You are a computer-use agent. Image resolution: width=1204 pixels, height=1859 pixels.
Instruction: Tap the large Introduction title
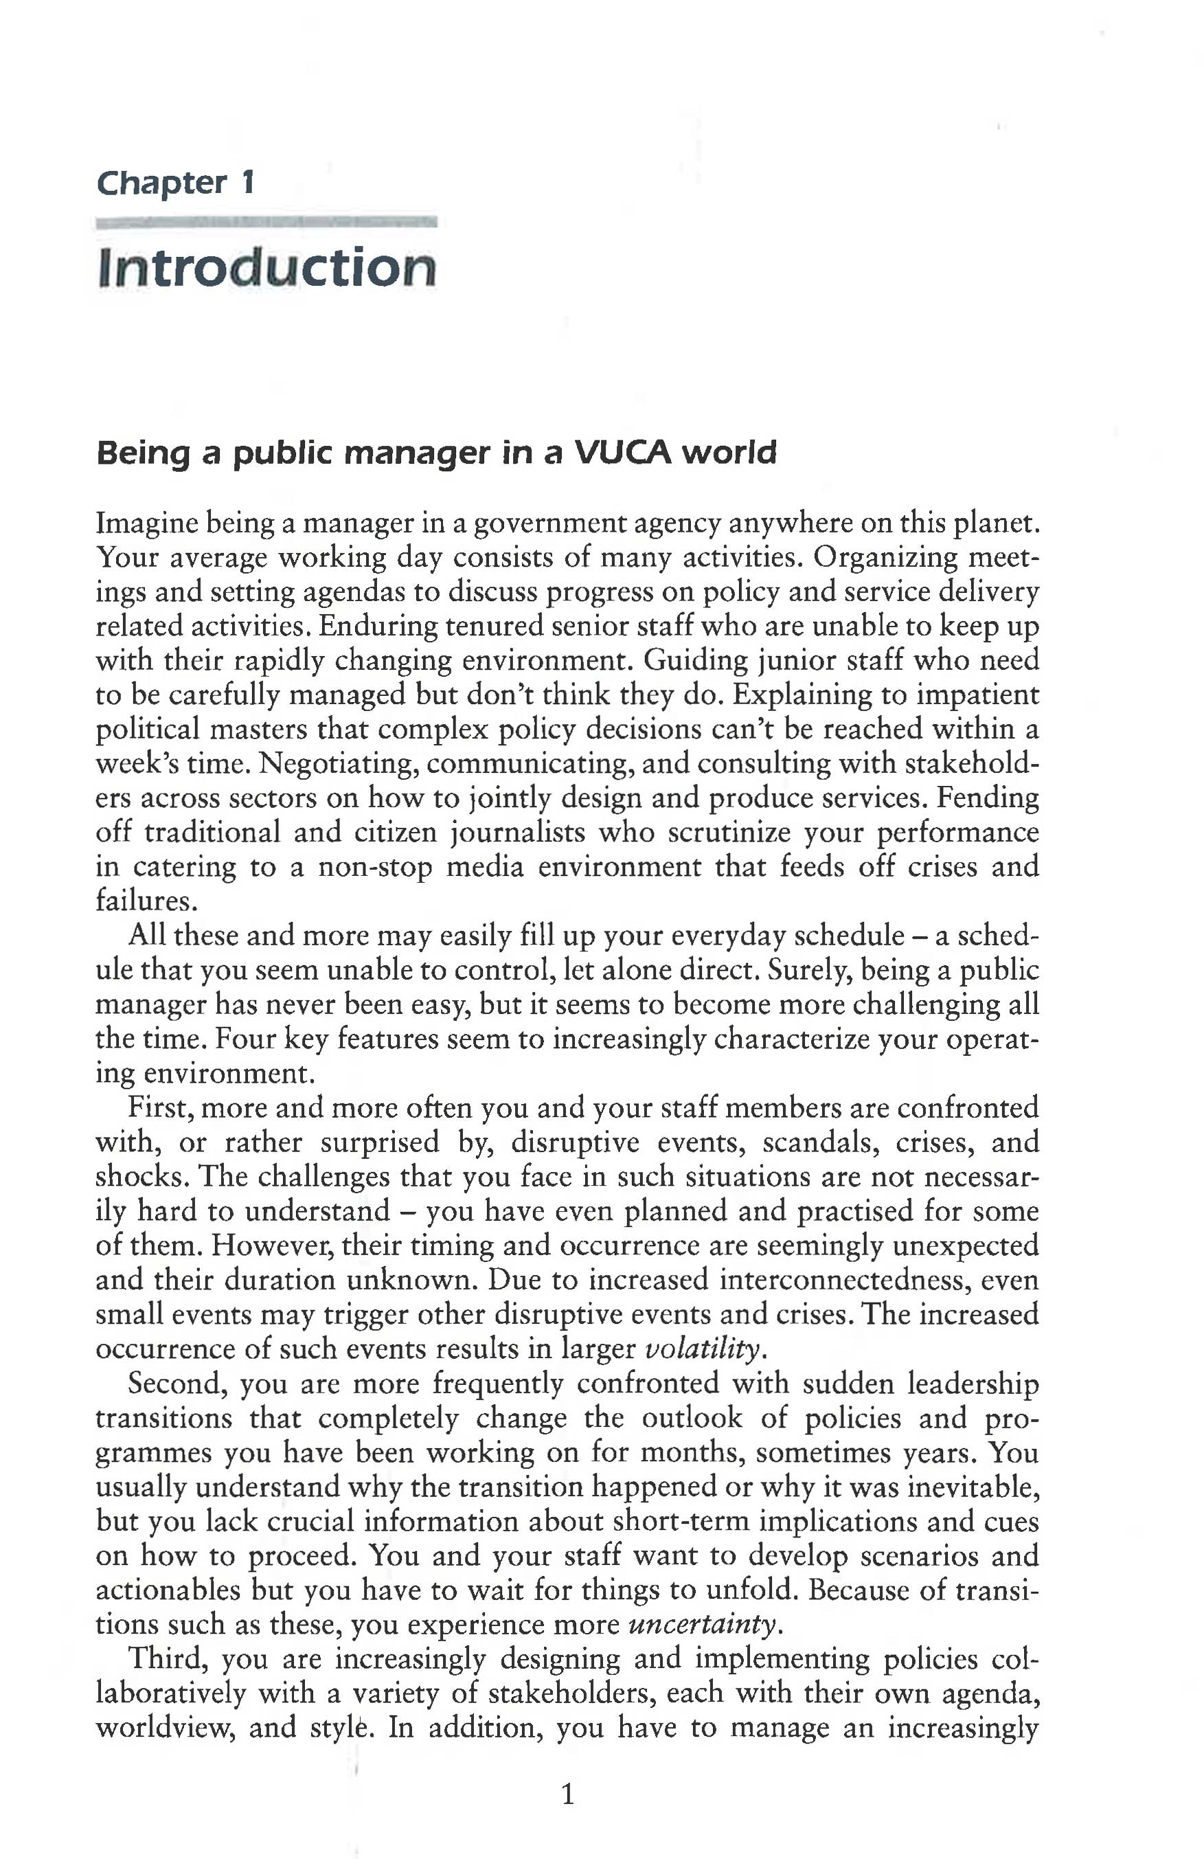[x=266, y=267]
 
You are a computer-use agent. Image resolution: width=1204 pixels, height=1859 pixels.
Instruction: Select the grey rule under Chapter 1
[x=266, y=223]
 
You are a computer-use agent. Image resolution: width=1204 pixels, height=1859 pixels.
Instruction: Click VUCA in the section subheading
[x=623, y=452]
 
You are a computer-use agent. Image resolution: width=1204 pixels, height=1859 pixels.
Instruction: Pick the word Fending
[x=988, y=798]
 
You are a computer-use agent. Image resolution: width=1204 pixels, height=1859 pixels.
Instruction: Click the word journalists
[x=518, y=832]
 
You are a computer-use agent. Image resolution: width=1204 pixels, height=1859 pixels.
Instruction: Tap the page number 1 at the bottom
[x=567, y=1794]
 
